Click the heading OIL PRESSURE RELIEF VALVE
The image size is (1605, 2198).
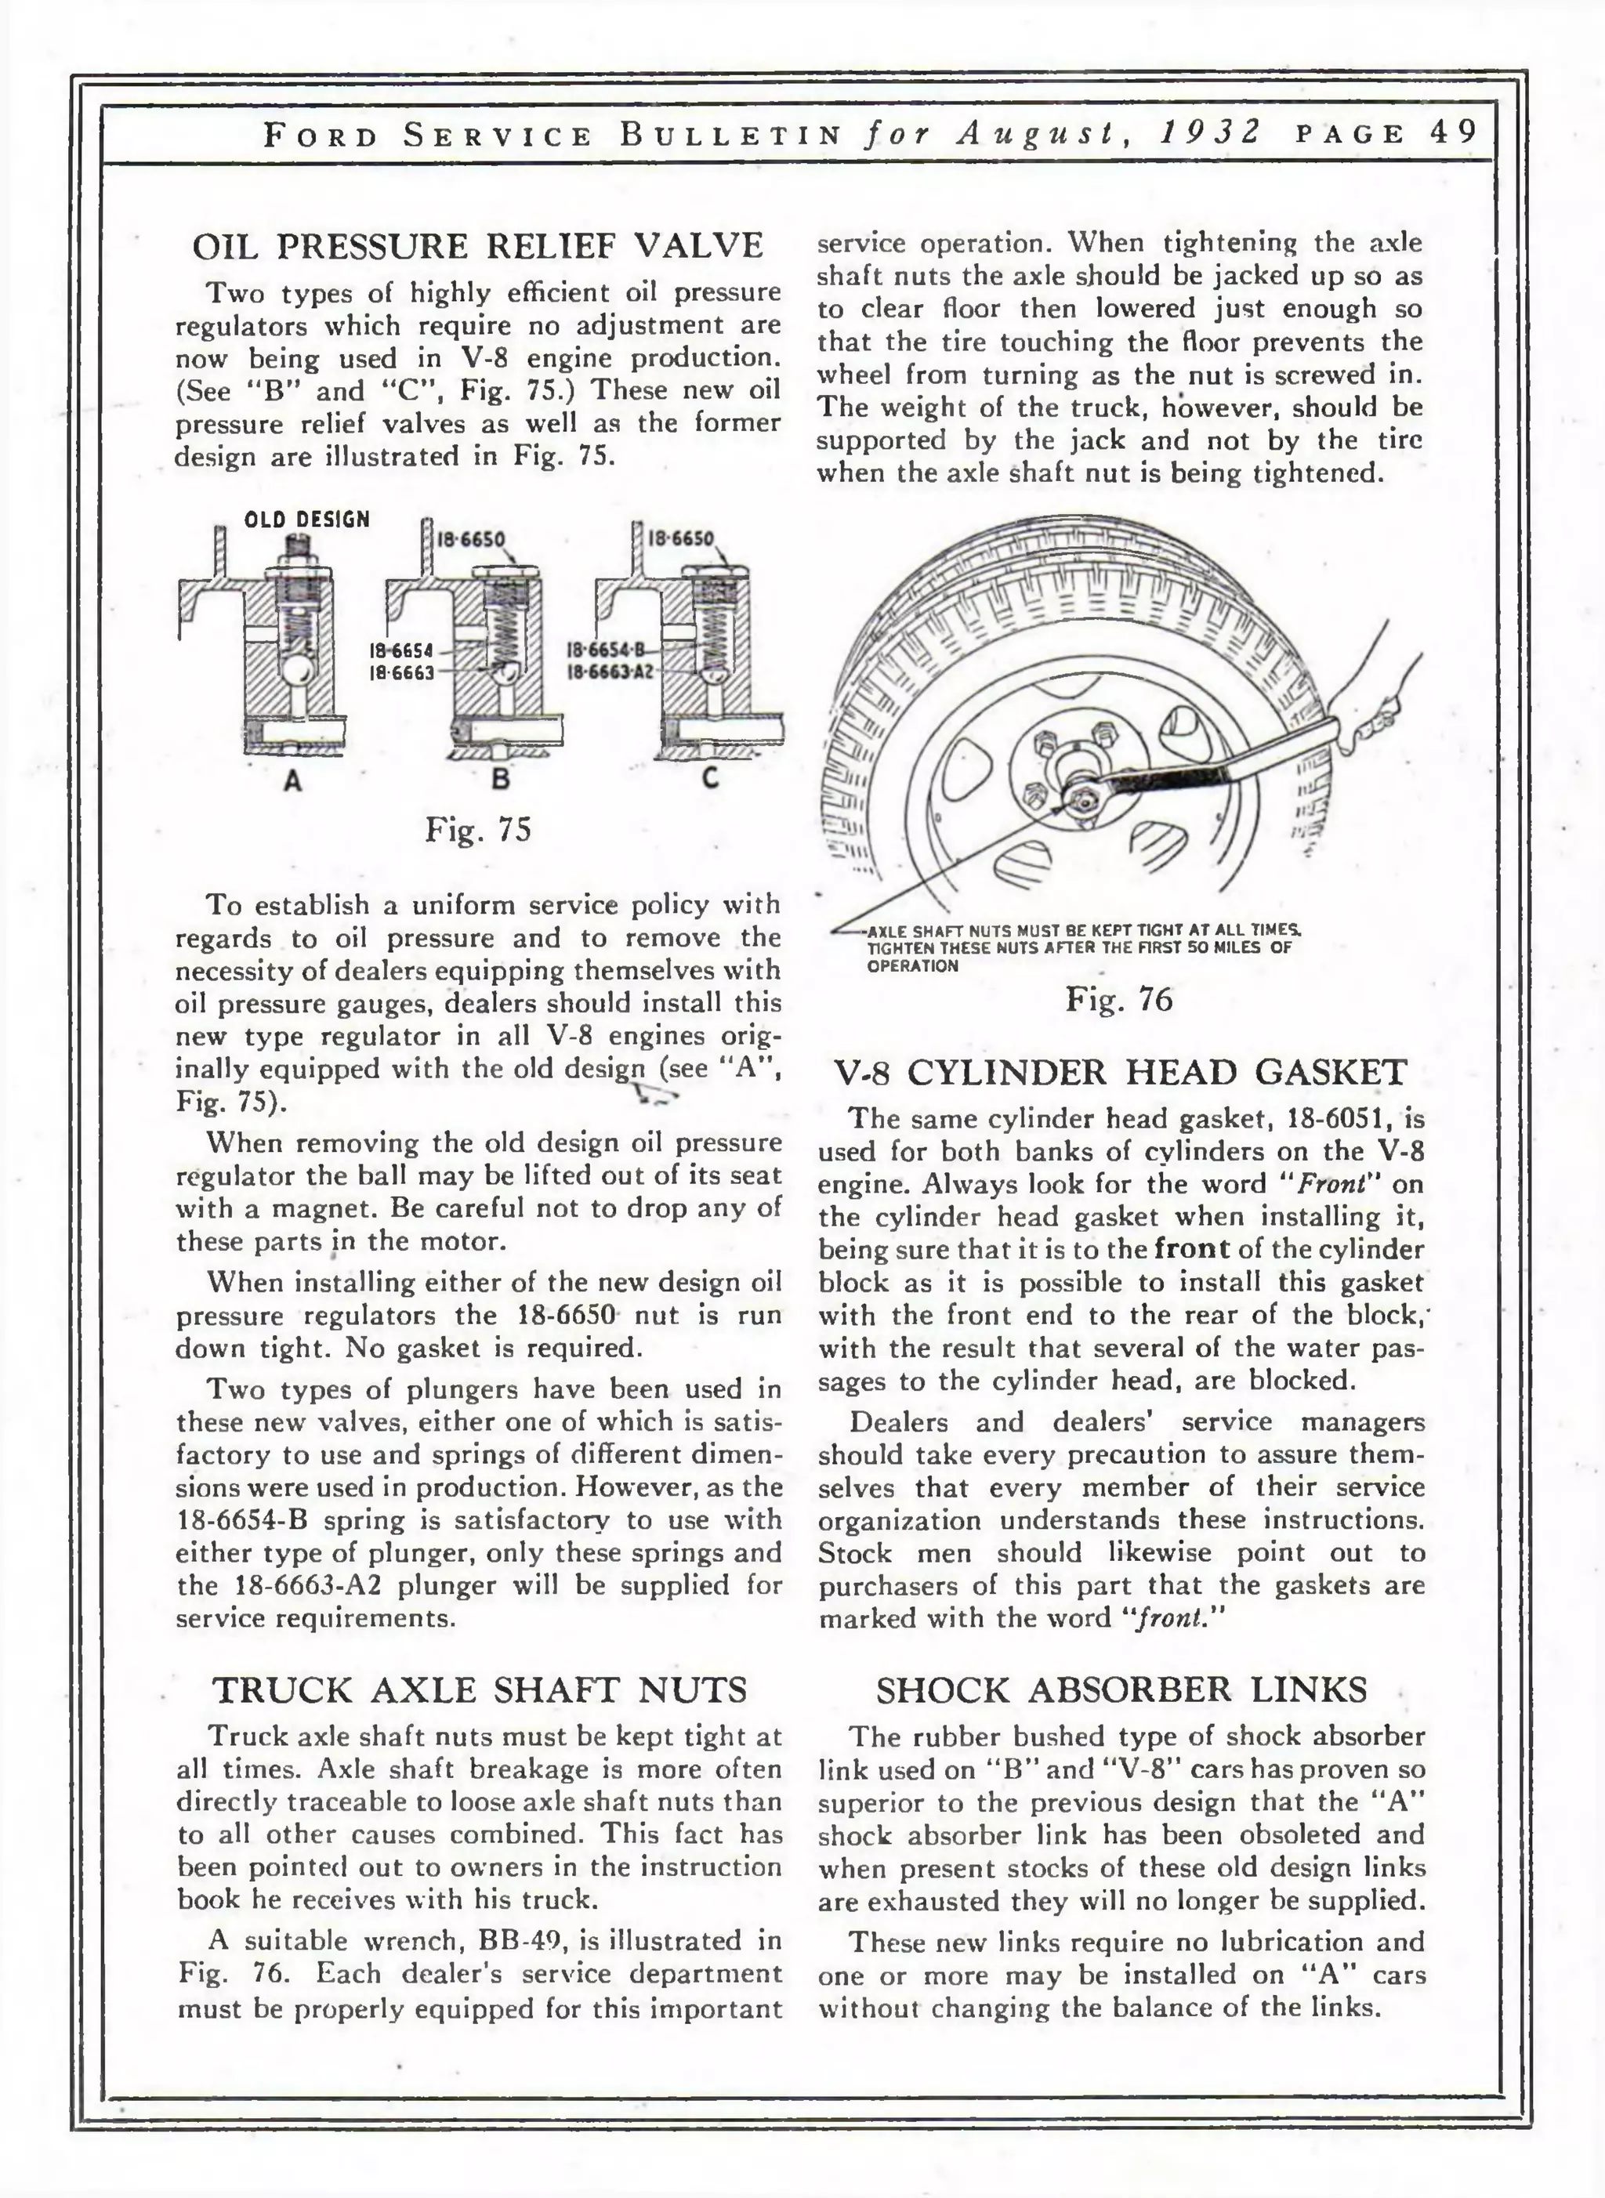coord(478,246)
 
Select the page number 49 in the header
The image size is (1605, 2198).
coord(1454,132)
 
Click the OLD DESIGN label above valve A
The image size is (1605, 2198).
coord(307,520)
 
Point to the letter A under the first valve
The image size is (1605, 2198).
coord(292,779)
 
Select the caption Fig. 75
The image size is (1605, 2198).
coord(478,830)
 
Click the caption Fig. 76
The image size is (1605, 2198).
coord(1119,998)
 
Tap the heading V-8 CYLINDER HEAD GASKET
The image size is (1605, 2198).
coord(1120,1072)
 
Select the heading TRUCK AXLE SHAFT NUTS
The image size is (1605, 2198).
coord(480,1690)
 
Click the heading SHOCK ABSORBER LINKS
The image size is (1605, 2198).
coord(1121,1690)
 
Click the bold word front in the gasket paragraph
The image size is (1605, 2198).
coord(1193,1249)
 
